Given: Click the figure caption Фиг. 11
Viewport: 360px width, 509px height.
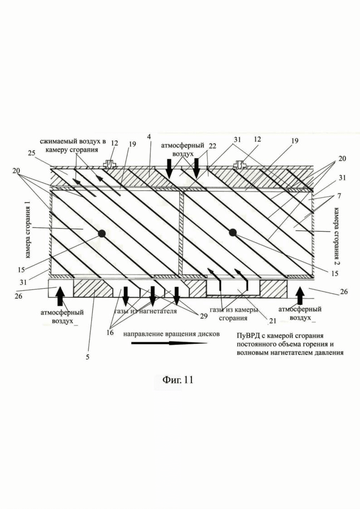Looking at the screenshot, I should (178, 380).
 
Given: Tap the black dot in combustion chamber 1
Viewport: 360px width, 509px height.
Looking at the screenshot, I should (102, 233).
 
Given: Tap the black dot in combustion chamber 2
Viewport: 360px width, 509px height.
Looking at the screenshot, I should (233, 233).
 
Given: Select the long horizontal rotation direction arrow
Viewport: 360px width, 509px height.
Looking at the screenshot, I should (168, 344).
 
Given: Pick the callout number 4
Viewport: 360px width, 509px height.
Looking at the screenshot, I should (149, 136).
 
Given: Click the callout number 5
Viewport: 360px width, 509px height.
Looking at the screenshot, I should (88, 357).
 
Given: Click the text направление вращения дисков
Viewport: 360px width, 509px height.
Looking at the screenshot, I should (170, 334).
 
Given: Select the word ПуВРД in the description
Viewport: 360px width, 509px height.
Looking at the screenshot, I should (247, 336).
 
